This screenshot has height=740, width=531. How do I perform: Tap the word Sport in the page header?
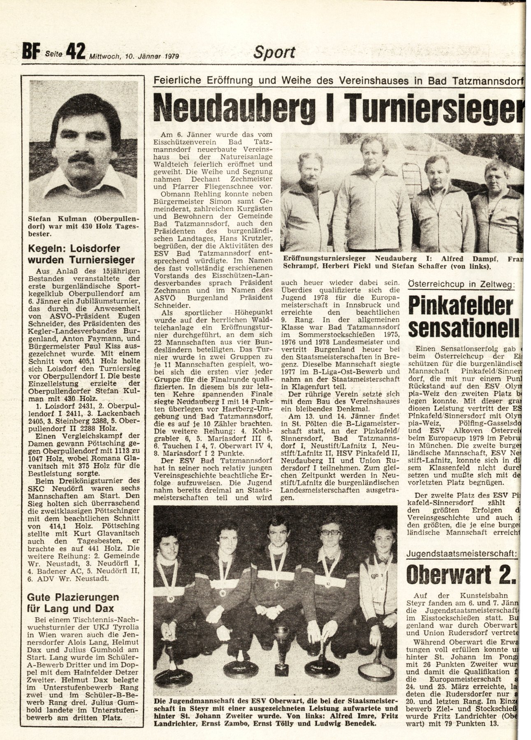(x=274, y=53)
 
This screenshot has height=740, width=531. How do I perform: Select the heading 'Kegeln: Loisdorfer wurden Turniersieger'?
(x=81, y=254)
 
